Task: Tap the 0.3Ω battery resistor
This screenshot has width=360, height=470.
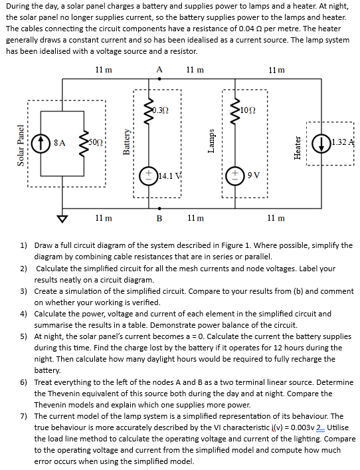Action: pos(149,110)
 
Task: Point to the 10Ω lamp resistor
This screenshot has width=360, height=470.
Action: pos(235,110)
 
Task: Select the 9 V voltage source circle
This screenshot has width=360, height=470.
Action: pos(235,175)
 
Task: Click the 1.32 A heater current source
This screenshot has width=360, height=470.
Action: pos(321,143)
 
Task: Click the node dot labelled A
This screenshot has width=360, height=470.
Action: pos(159,79)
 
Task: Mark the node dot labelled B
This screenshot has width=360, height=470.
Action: pos(159,208)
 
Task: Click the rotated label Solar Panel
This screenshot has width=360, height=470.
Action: pos(21,145)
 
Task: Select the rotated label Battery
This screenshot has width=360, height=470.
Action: pos(126,142)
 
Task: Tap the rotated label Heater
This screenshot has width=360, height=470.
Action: pos(298,148)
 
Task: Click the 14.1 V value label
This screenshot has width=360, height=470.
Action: pos(169,176)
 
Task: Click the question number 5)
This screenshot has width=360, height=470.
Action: pos(24,336)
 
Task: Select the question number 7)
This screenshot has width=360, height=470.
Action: pos(24,416)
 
